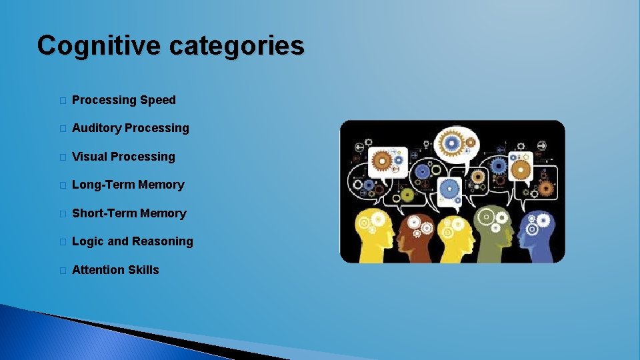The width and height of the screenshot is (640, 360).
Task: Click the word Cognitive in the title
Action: [x=98, y=46]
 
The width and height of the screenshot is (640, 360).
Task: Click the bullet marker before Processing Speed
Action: [x=61, y=101]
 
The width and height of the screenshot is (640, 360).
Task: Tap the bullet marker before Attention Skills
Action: [x=61, y=271]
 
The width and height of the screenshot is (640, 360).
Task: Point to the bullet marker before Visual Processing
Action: [x=61, y=157]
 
